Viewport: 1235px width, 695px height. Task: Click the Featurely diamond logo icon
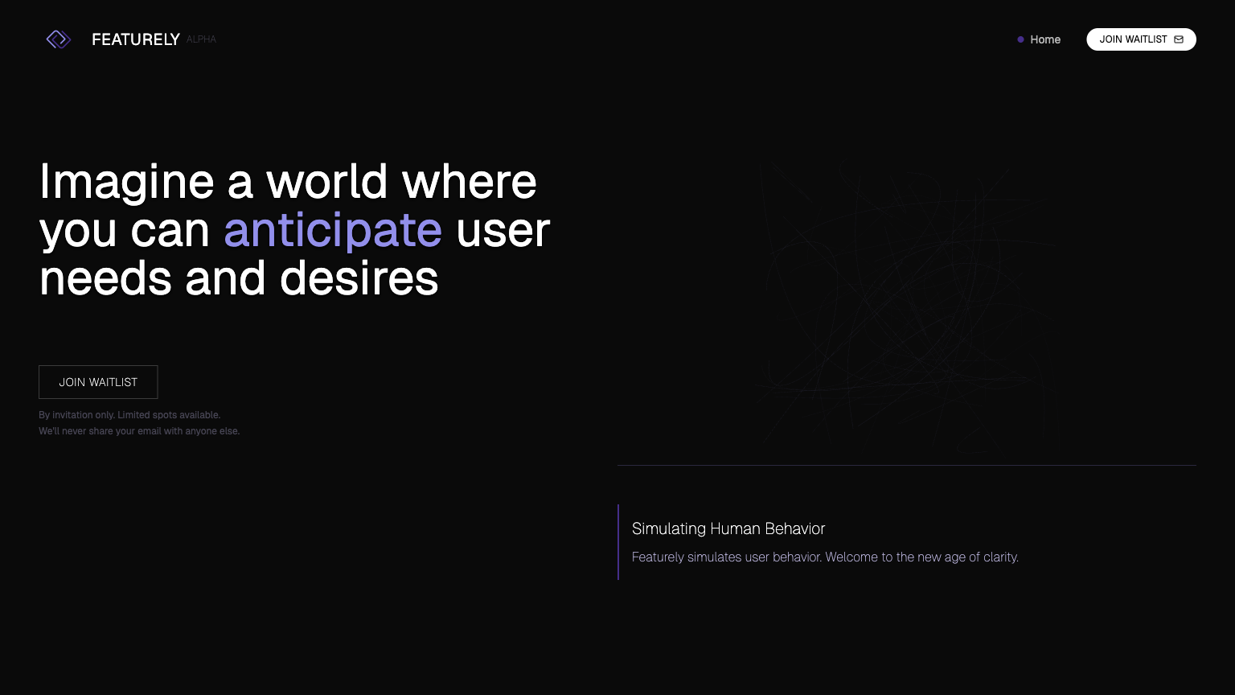click(x=59, y=39)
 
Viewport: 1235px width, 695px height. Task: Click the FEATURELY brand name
click(x=136, y=39)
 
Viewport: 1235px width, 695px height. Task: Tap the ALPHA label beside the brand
click(x=201, y=39)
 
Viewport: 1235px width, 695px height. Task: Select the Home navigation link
click(x=1045, y=39)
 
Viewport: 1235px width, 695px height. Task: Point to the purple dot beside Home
click(x=1020, y=39)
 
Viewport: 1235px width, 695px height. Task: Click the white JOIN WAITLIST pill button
click(x=1141, y=39)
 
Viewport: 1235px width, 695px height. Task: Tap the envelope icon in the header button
click(x=1179, y=39)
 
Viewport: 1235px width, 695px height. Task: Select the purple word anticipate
click(x=333, y=231)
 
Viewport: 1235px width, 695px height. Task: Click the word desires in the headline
click(x=359, y=278)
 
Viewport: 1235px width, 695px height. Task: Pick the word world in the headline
click(x=327, y=182)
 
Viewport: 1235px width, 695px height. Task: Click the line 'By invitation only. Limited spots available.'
click(x=129, y=415)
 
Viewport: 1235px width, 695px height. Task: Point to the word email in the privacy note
click(x=150, y=431)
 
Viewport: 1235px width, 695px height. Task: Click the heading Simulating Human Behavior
click(x=728, y=528)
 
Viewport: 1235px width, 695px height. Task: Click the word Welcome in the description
click(x=851, y=557)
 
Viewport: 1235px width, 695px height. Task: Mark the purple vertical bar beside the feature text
click(x=618, y=542)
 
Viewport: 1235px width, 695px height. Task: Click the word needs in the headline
click(x=105, y=278)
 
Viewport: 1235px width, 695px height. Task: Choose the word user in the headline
click(x=503, y=231)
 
